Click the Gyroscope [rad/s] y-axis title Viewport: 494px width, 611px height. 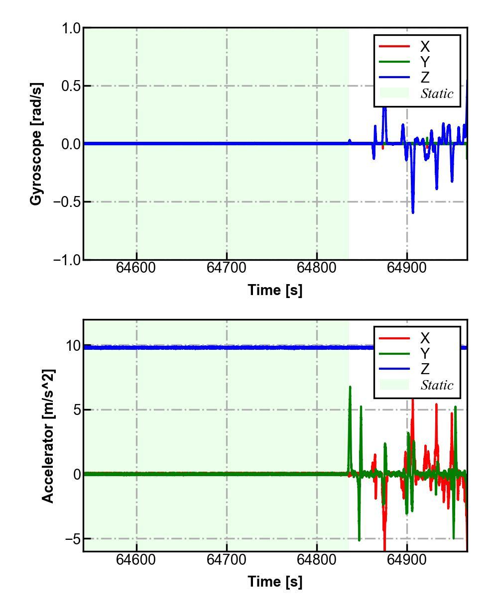36,144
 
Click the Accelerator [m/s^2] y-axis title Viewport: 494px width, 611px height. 48,436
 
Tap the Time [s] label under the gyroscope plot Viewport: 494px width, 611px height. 275,290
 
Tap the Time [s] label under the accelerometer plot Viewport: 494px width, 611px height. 275,581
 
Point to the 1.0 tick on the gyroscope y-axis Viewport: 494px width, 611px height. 71,28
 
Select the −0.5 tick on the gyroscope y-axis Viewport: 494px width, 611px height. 66,202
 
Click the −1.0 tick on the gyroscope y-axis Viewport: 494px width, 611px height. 66,260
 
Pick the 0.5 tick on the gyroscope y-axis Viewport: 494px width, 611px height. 71,86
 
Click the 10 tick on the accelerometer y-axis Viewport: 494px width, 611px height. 74,346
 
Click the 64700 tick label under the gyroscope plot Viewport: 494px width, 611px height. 227,268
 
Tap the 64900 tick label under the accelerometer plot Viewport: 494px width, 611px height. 407,559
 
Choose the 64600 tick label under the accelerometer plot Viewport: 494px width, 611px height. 136,559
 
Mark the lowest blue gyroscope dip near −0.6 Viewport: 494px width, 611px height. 413,212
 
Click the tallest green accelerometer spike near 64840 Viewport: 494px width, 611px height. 350,387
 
